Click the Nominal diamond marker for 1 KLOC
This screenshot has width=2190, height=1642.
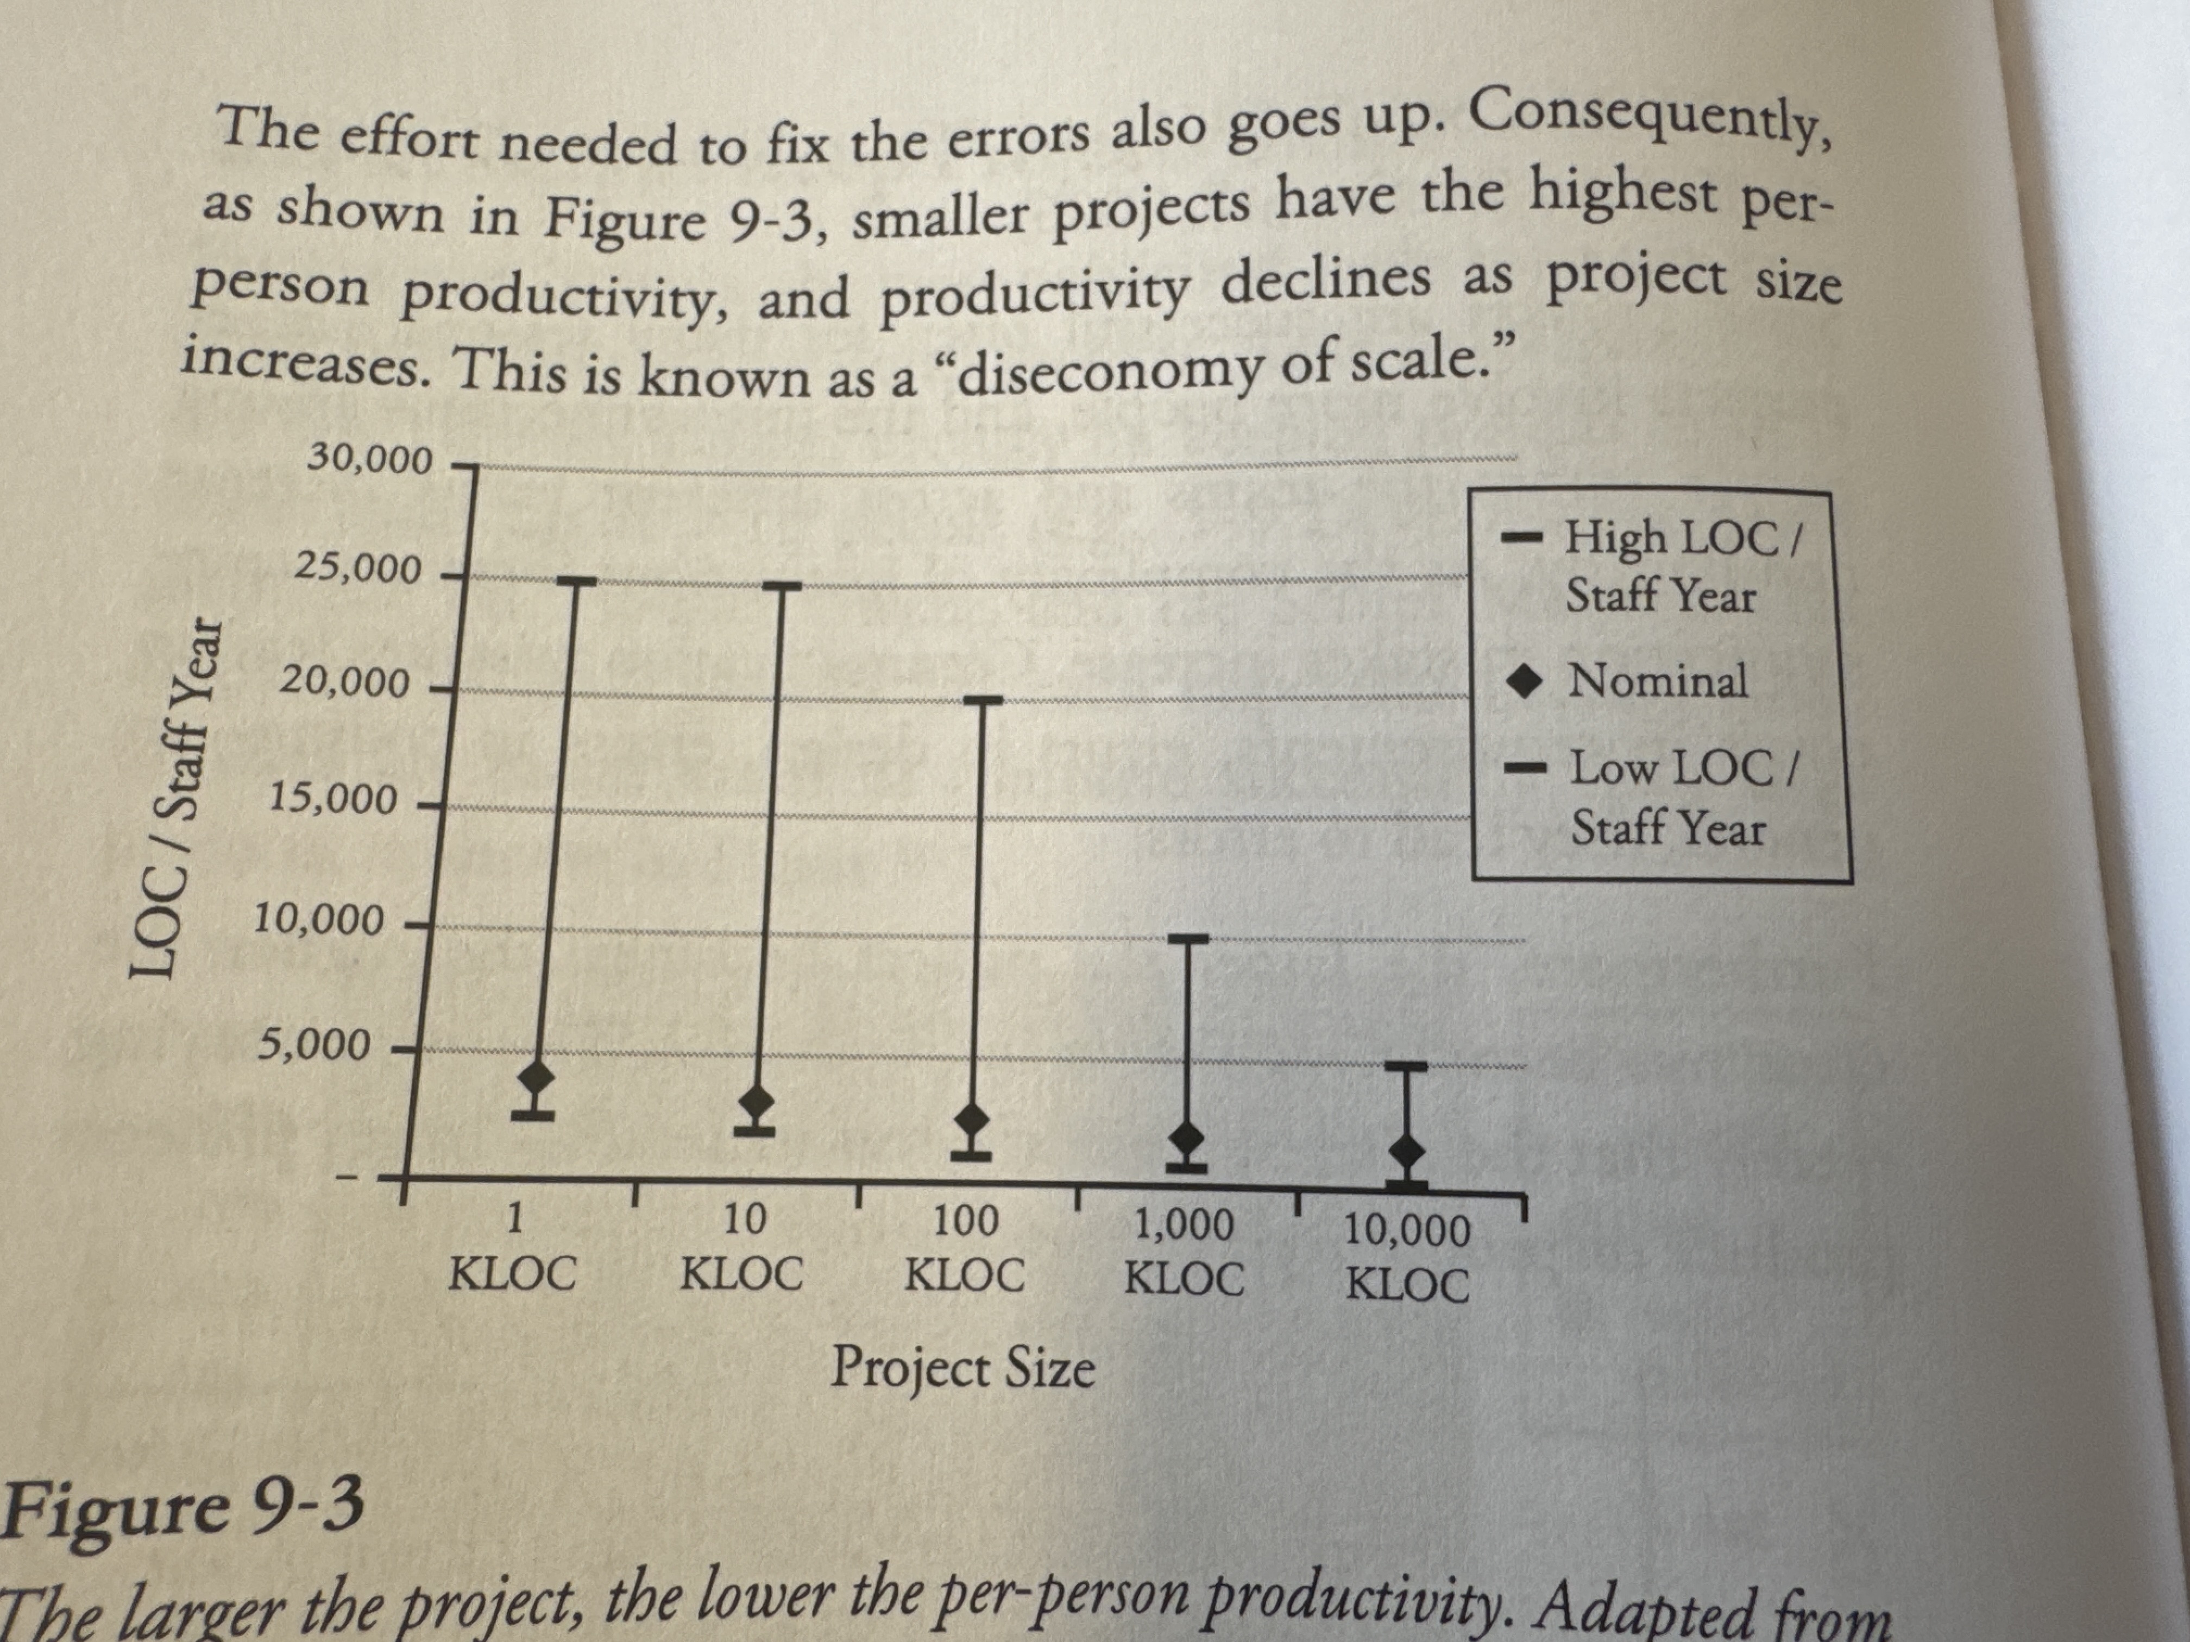click(x=536, y=1076)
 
